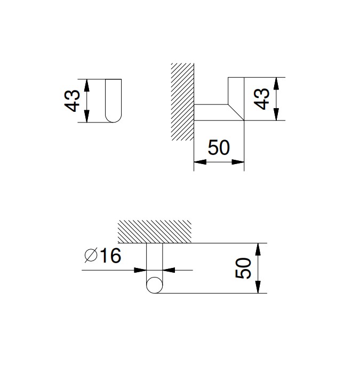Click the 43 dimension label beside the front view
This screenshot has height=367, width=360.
[x=72, y=101]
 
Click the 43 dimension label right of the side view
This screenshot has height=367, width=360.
[x=261, y=99]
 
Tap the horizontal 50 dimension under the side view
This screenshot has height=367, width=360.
[x=219, y=148]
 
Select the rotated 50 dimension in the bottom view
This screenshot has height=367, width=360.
[x=243, y=268]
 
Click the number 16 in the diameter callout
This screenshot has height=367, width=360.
[x=110, y=256]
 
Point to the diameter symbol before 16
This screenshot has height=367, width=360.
[x=91, y=255]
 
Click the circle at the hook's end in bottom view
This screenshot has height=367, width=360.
[x=154, y=285]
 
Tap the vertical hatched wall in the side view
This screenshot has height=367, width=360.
[x=182, y=102]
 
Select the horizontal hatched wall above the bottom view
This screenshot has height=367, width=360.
[x=155, y=232]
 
